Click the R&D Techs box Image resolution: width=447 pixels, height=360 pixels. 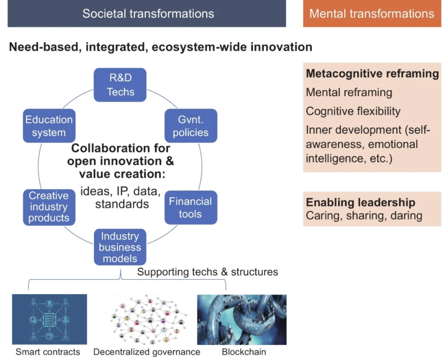pos(120,85)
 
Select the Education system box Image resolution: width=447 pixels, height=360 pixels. pos(49,126)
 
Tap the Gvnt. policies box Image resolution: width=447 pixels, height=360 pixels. pos(191,126)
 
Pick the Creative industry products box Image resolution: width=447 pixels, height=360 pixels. pos(49,207)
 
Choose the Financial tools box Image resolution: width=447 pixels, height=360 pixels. pos(191,208)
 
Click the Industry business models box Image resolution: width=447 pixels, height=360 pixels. pos(120,247)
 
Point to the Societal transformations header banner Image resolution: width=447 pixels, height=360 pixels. pos(147,14)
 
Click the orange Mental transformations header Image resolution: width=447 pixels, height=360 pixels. pos(372,14)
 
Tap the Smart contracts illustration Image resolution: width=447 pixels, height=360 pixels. pos(50,319)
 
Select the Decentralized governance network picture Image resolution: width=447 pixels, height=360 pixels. pos(148,319)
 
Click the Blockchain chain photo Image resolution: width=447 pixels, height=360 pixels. pos(242,320)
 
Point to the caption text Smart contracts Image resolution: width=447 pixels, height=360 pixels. pos(48,352)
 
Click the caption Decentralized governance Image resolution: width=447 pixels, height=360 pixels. pos(147,352)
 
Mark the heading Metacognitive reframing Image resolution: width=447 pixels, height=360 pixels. pos(372,74)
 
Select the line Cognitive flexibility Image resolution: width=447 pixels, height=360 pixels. pos(353,111)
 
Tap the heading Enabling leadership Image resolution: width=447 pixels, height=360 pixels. pos(360,202)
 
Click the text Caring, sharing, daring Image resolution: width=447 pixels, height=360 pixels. pos(364,216)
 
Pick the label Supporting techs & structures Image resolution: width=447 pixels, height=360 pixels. pos(207,272)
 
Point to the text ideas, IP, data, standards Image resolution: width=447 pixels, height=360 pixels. pos(121,197)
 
